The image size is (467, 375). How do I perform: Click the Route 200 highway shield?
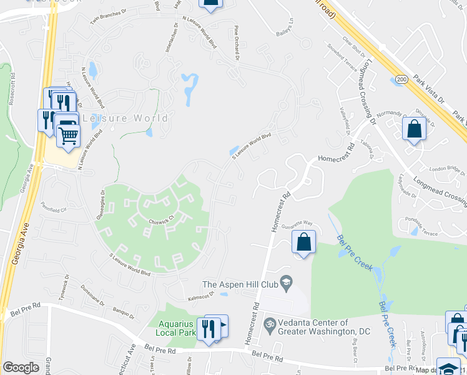point(400,79)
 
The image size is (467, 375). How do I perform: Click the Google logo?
point(21,367)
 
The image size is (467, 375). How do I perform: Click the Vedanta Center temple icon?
point(270,323)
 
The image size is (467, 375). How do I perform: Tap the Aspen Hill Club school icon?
point(287,284)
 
